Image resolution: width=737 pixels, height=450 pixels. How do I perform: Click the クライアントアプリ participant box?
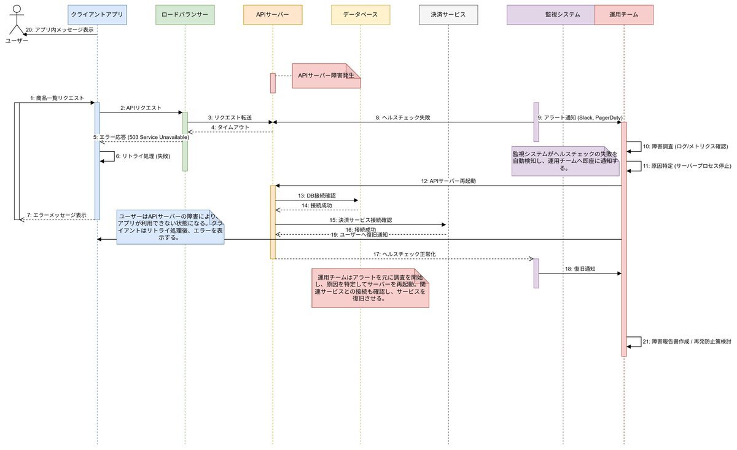(x=97, y=14)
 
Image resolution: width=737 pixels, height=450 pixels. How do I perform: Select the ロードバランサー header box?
(x=184, y=14)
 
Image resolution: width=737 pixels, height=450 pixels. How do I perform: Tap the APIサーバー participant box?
(x=273, y=14)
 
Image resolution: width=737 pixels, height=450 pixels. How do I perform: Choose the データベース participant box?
(x=361, y=14)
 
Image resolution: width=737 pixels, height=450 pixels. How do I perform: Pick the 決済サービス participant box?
(x=448, y=14)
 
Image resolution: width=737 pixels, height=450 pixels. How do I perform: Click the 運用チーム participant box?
(x=624, y=14)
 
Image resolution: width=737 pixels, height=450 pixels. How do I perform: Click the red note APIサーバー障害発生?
(x=326, y=76)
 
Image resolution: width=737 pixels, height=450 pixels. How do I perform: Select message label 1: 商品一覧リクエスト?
(x=57, y=98)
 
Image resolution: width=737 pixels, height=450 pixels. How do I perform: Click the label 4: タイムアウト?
(x=229, y=127)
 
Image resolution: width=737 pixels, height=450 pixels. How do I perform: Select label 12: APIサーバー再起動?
(x=448, y=181)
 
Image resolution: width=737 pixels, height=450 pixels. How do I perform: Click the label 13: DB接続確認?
(x=317, y=195)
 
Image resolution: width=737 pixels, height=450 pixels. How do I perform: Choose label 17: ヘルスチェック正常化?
(x=404, y=254)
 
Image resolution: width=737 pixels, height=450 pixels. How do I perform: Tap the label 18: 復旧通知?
(x=580, y=269)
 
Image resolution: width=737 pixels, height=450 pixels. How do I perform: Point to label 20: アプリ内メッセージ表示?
(x=60, y=30)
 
